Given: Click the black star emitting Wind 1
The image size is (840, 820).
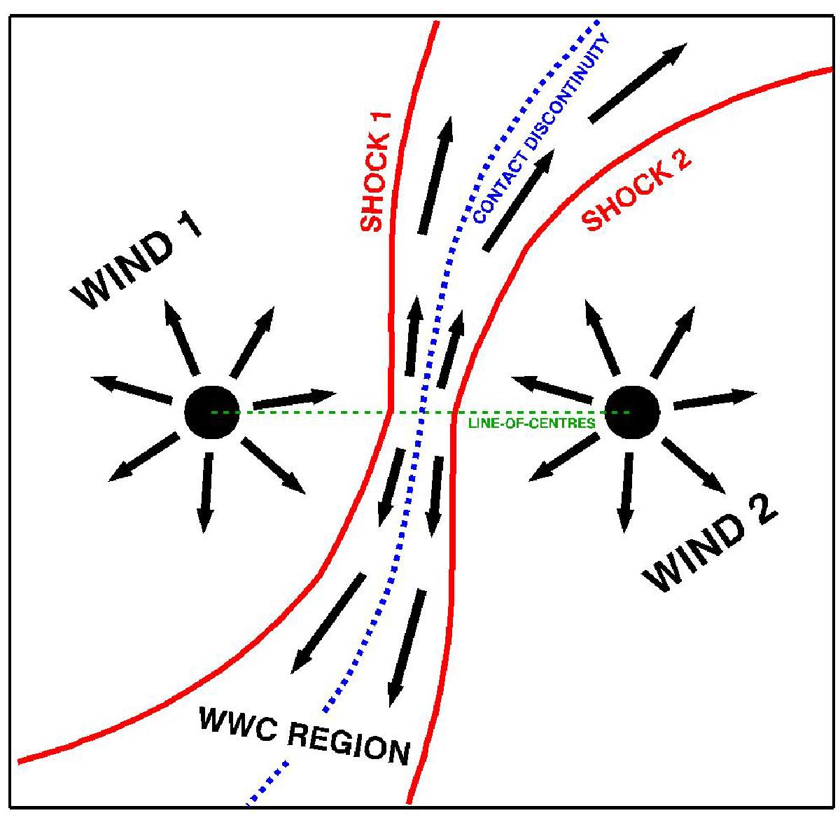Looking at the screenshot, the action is [211, 412].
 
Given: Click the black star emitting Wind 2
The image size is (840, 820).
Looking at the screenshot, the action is [632, 412].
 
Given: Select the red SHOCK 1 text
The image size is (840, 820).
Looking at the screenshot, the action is [374, 172].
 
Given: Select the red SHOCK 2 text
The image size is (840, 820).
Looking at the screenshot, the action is [638, 194].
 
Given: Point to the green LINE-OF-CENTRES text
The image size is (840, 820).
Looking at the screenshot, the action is [532, 423].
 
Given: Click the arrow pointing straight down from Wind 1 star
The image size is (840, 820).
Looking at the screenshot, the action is [206, 492].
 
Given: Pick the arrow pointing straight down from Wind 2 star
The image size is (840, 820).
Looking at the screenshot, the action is [626, 492].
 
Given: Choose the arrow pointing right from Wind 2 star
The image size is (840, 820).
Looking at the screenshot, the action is [715, 398].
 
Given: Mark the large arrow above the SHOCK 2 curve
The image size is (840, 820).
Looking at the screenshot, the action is [638, 83].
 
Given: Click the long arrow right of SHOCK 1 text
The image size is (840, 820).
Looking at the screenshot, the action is [436, 175].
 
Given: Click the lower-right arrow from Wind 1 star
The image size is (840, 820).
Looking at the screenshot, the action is [274, 466].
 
